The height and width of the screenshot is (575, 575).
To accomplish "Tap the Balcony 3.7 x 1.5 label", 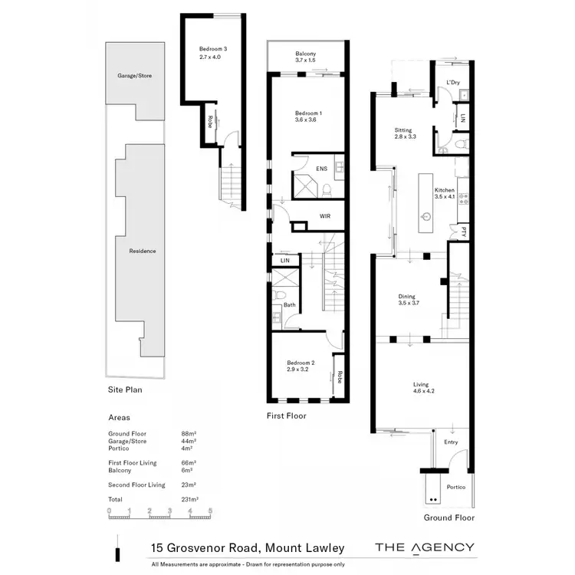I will click(307, 58).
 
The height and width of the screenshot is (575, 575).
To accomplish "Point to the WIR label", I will click(324, 217).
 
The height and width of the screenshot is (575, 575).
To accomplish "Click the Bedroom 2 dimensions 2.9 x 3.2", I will click(301, 370).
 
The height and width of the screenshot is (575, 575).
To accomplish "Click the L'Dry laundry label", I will click(452, 83).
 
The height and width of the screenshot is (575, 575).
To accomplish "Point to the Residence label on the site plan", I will click(142, 251).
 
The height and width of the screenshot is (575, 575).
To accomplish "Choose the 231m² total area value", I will click(188, 499).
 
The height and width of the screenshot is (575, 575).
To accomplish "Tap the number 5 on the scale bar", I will click(209, 510).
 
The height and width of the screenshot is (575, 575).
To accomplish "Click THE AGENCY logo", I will click(424, 547).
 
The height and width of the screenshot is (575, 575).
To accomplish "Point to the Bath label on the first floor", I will click(289, 305).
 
